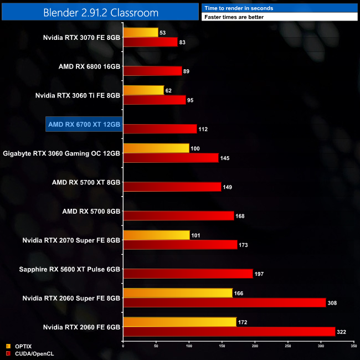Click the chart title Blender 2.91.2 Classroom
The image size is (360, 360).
click(x=100, y=12)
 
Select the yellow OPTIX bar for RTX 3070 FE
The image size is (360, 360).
click(x=140, y=33)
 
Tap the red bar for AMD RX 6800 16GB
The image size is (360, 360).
click(x=152, y=71)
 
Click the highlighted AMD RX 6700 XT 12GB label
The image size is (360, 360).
click(x=84, y=125)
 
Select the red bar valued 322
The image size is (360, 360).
click(x=229, y=332)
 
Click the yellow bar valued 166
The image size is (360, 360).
click(x=177, y=293)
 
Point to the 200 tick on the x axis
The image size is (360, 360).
click(x=255, y=346)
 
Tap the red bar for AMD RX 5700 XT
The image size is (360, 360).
click(x=172, y=187)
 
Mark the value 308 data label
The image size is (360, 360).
click(x=332, y=303)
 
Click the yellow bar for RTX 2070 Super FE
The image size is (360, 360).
click(x=156, y=235)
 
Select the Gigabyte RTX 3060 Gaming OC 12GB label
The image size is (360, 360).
click(x=61, y=153)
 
